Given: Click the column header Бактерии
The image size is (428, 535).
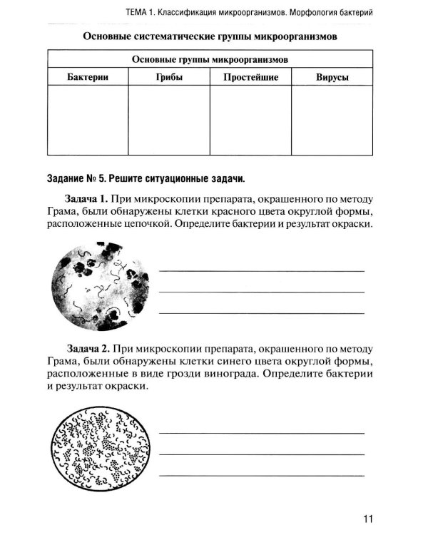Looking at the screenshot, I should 88,76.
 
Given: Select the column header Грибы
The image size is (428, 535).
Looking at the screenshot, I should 168,76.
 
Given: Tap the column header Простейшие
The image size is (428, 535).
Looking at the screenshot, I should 250,76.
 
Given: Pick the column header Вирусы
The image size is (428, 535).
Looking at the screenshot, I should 332,76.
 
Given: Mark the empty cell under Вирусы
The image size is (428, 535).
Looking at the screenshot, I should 332,119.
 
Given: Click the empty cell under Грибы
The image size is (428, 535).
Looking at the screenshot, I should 168,119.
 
